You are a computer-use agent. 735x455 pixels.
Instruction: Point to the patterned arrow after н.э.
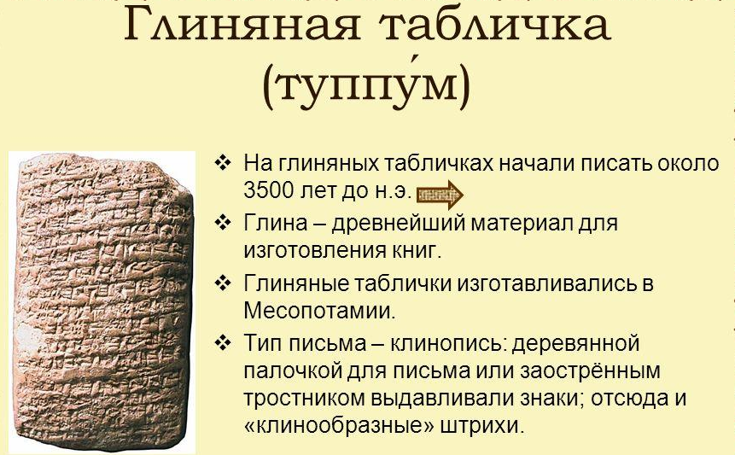[441, 195]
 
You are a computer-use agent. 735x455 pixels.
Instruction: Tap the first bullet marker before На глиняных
[224, 162]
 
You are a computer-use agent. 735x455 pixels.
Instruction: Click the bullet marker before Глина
[224, 224]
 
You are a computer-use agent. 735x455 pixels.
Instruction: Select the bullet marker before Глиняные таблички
[224, 283]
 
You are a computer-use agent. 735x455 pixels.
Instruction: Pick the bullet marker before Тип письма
[224, 344]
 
